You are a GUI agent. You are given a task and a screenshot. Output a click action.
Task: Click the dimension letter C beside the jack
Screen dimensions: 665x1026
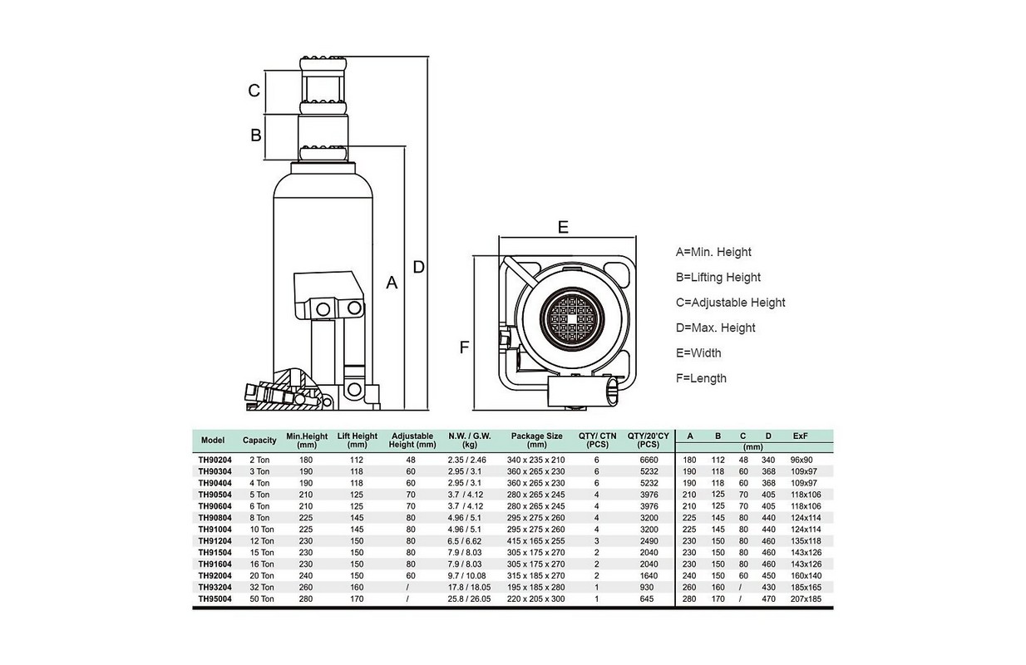pyautogui.click(x=255, y=90)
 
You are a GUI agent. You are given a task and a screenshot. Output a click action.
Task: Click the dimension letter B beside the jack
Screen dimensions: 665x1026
pyautogui.click(x=256, y=135)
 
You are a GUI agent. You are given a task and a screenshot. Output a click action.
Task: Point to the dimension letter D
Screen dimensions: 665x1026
pyautogui.click(x=418, y=267)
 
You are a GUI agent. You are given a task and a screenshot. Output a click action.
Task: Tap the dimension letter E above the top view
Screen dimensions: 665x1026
pyautogui.click(x=563, y=227)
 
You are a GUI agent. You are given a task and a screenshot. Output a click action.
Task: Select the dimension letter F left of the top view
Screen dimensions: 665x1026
pyautogui.click(x=464, y=347)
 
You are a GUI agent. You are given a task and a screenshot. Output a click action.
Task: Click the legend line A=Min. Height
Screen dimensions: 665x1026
pyautogui.click(x=713, y=252)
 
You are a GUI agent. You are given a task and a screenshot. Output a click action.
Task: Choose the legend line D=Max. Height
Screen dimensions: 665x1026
pyautogui.click(x=716, y=328)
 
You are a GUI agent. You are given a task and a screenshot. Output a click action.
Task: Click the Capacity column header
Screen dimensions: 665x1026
pyautogui.click(x=259, y=441)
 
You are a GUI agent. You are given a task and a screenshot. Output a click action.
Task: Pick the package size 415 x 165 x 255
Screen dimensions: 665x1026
pyautogui.click(x=536, y=541)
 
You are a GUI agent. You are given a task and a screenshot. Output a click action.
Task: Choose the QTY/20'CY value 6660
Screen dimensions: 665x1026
pyautogui.click(x=649, y=460)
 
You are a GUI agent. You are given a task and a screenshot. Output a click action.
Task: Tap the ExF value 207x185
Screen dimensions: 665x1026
pyautogui.click(x=806, y=598)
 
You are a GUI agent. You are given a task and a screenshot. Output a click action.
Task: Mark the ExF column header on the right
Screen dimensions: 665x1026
pyautogui.click(x=802, y=436)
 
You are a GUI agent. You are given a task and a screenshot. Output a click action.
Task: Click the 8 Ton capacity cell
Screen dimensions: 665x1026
pyautogui.click(x=259, y=518)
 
